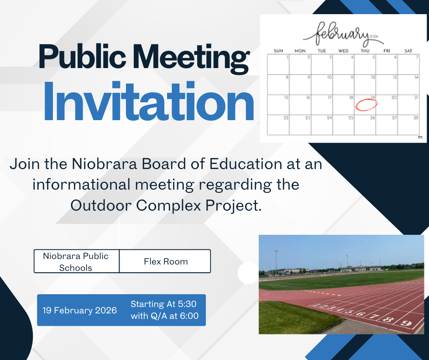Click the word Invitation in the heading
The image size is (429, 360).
point(148,102)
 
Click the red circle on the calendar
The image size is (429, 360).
point(366,104)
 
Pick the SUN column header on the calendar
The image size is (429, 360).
point(278,51)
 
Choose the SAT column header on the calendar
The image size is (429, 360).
point(408,51)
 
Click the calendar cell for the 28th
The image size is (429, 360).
point(408,125)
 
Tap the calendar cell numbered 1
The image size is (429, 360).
point(278,64)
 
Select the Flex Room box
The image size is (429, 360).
point(165,262)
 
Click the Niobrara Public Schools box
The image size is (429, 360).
point(76,262)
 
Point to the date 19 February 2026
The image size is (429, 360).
point(80,311)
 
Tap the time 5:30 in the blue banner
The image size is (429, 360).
point(187,304)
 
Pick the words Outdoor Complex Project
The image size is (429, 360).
point(166,206)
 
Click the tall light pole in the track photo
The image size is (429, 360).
point(275,261)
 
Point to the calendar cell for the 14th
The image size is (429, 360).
point(408,85)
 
